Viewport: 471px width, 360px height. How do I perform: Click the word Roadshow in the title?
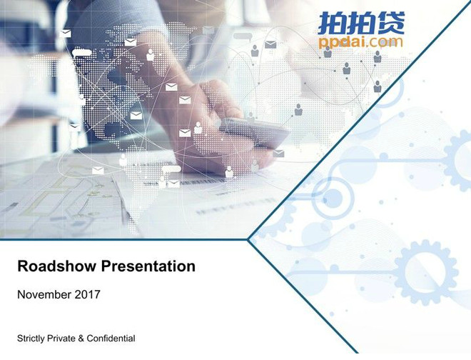tap(57, 266)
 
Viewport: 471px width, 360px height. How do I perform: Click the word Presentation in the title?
tap(148, 266)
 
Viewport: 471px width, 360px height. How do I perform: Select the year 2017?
tap(87, 294)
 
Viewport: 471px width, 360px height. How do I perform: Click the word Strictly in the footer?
tap(31, 339)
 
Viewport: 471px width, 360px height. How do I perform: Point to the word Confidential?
tap(111, 339)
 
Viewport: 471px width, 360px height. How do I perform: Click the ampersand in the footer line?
tap(81, 339)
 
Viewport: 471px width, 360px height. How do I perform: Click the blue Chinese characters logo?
tap(361, 23)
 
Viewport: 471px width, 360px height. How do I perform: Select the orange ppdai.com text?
tap(360, 42)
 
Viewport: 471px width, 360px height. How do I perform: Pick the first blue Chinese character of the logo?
tap(333, 23)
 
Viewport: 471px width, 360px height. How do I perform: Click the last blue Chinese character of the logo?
tap(390, 23)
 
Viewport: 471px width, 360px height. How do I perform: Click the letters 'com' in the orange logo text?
tap(388, 42)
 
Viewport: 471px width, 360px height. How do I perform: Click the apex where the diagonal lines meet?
tap(248, 239)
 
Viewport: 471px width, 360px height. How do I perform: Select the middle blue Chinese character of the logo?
tap(361, 23)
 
